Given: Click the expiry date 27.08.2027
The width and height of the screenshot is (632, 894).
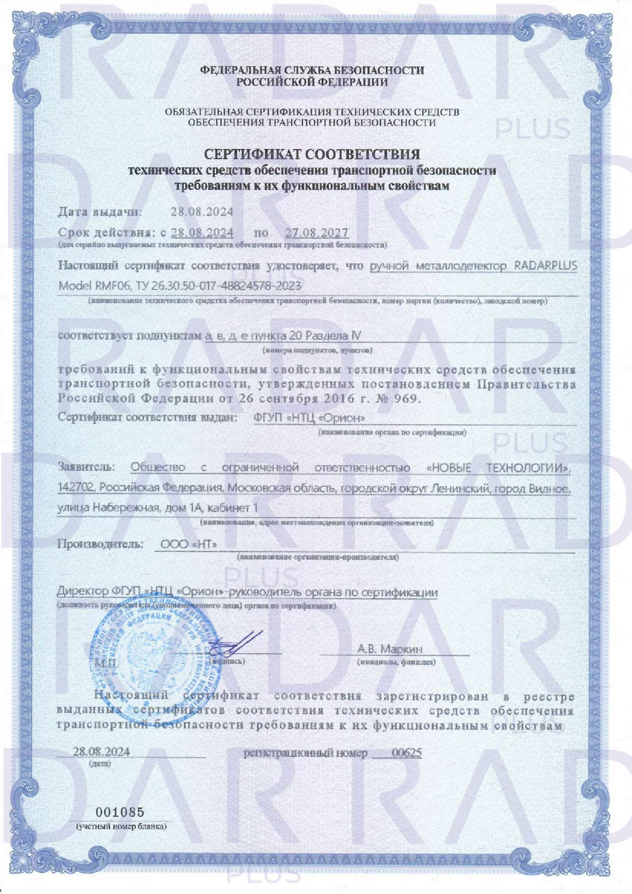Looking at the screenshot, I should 316,233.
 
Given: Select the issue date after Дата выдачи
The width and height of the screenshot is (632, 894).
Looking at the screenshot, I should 202,212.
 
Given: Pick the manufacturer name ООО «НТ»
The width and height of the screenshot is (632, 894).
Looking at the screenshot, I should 189,545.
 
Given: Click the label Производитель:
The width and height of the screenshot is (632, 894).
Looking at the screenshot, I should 100,544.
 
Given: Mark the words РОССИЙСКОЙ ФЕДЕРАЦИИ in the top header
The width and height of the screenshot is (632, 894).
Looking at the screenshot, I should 313,82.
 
